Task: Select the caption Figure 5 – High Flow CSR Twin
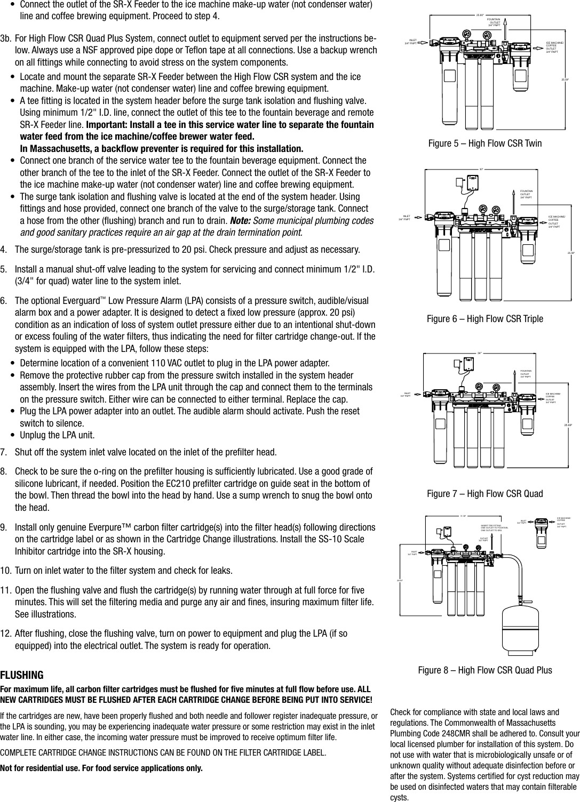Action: coord(485,143)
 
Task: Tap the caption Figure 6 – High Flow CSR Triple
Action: coord(484,319)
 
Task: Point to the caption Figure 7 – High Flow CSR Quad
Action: coord(484,494)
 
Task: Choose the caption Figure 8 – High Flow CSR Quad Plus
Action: coord(484,670)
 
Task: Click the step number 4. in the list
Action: coord(5,250)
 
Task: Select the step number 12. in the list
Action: coord(7,634)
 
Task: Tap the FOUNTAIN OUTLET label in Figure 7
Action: coord(527,374)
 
